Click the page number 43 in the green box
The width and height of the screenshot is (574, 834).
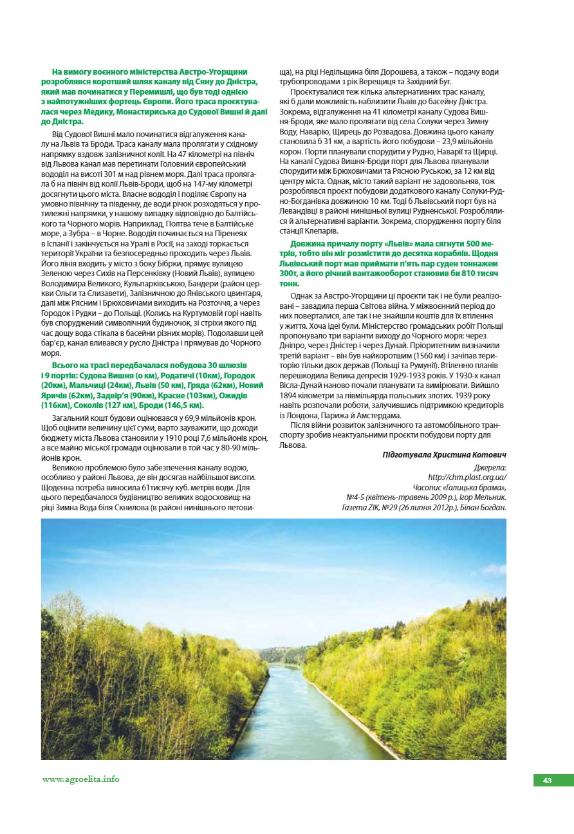click(547, 781)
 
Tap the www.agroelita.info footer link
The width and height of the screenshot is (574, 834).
click(81, 779)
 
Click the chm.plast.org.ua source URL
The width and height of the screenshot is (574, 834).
click(467, 477)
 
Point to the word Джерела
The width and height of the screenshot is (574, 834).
click(490, 467)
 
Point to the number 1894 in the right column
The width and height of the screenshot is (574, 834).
click(291, 395)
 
